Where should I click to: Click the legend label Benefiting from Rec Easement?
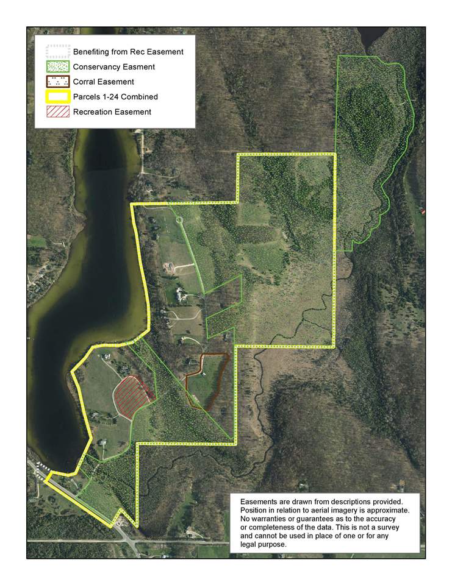click(128, 52)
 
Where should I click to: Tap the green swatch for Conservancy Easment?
click(57, 66)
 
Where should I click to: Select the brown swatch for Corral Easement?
click(57, 82)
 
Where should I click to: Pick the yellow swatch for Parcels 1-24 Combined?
click(57, 96)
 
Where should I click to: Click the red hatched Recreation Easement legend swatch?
click(57, 112)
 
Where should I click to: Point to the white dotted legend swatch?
click(57, 52)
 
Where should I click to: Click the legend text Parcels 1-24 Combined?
click(115, 96)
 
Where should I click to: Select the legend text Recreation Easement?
click(112, 112)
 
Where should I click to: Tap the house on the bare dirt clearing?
click(168, 267)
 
